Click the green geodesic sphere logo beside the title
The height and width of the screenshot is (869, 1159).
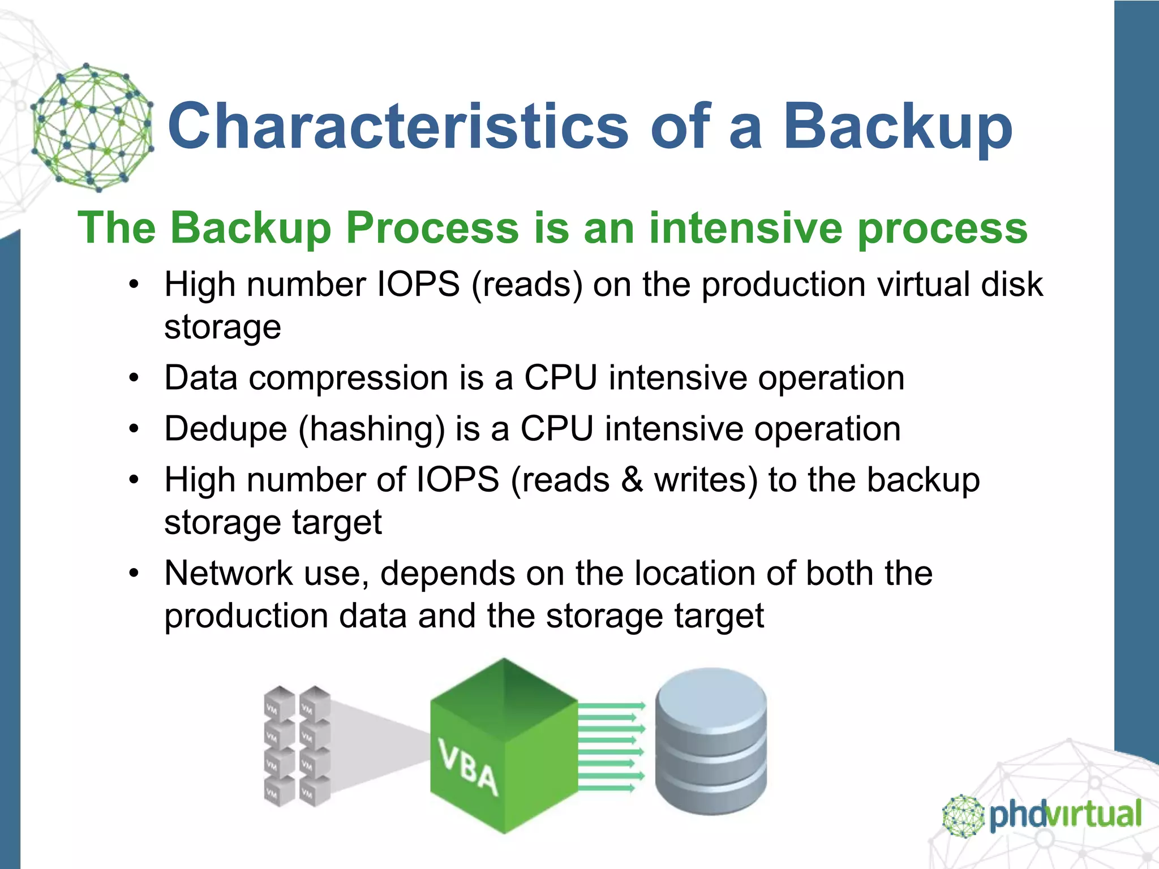pyautogui.click(x=92, y=127)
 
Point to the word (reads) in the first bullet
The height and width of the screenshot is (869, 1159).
pyautogui.click(x=526, y=284)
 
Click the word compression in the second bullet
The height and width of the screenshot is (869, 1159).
pyautogui.click(x=349, y=378)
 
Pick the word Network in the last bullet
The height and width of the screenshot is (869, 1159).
pyautogui.click(x=228, y=573)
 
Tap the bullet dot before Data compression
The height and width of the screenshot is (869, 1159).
pyautogui.click(x=134, y=378)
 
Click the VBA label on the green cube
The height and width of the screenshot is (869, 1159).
pyautogui.click(x=469, y=768)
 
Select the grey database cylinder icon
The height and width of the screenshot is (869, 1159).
pyautogui.click(x=711, y=741)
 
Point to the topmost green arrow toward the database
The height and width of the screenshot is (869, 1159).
pyautogui.click(x=611, y=705)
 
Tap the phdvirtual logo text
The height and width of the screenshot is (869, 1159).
pyautogui.click(x=1065, y=815)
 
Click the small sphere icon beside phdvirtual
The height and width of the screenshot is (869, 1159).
pyautogui.click(x=963, y=816)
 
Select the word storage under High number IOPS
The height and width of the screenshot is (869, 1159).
pyautogui.click(x=222, y=327)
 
